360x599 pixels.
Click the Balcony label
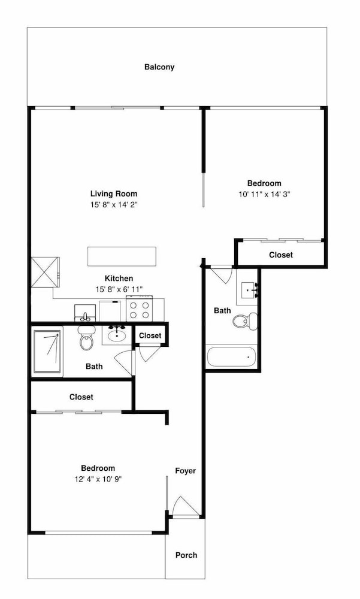159,67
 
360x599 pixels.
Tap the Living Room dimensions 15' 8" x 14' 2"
114,204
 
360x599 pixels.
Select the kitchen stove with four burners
140,310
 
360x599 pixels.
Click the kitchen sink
85,313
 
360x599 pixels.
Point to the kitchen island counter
122,256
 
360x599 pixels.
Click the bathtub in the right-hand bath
231,356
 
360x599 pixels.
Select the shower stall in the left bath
47,352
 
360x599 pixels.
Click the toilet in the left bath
86,337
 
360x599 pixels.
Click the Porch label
186,555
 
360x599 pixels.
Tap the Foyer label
185,471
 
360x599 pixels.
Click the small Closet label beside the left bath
150,336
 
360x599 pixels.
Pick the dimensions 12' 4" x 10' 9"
98,479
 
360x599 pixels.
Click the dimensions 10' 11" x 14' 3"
264,194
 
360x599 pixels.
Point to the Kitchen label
119,279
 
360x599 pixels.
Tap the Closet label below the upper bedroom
281,255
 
